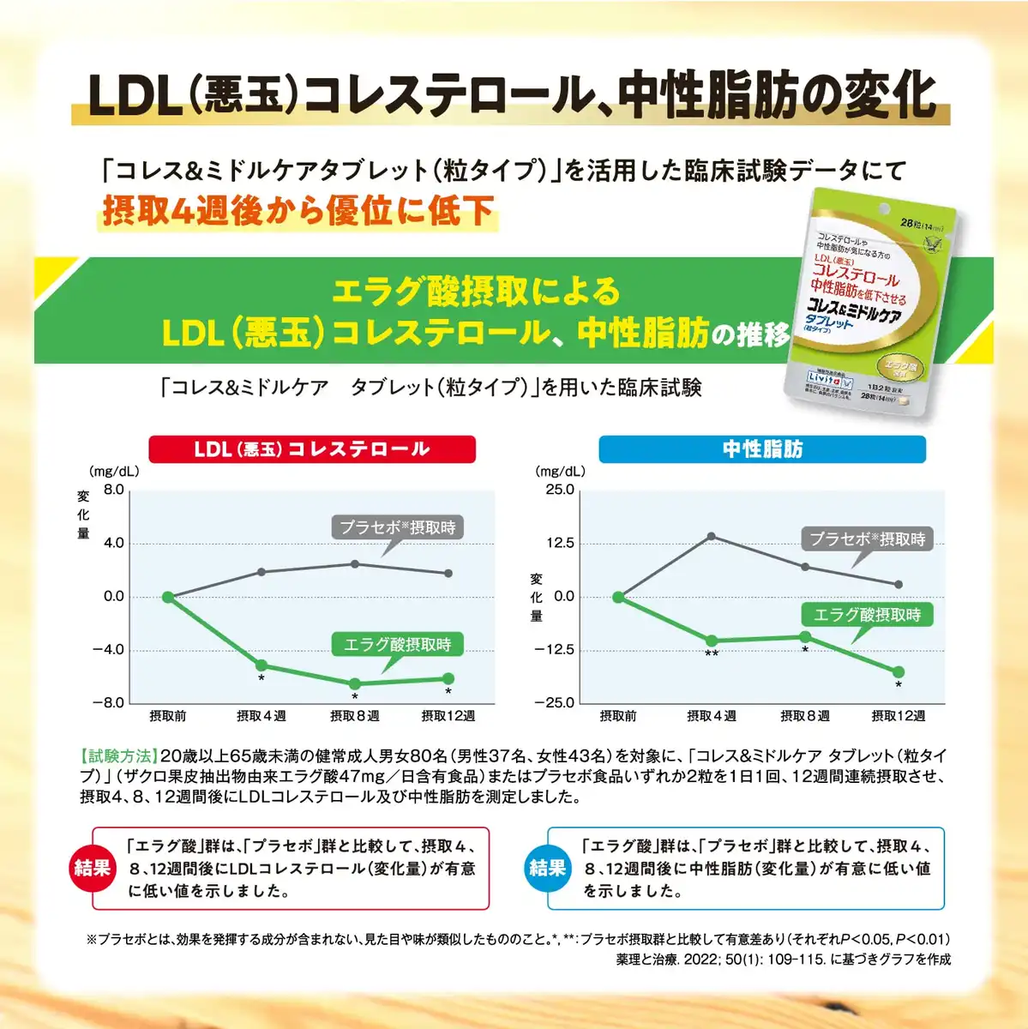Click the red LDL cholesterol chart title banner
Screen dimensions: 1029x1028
[x=312, y=449]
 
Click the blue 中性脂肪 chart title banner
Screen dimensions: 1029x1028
[x=761, y=449]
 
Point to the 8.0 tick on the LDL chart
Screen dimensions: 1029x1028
[x=114, y=490]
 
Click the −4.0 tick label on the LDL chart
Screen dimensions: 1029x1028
[x=109, y=649]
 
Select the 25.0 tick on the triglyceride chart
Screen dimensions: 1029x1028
[x=560, y=490]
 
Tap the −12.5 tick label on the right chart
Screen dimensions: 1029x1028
[x=554, y=649]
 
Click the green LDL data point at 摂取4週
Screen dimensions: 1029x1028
[x=262, y=665]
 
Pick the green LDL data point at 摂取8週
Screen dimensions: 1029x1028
[x=355, y=683]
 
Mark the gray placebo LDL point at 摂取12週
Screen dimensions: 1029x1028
[x=448, y=573]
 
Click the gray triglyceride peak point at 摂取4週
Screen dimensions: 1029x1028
[x=712, y=537]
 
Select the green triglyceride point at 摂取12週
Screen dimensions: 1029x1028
[x=899, y=672]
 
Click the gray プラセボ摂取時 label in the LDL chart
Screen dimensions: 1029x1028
[x=397, y=527]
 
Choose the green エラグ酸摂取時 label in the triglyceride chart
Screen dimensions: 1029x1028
[x=867, y=615]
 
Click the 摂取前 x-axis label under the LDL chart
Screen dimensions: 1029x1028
[x=168, y=716]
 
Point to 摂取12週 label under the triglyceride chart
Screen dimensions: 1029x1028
[x=899, y=716]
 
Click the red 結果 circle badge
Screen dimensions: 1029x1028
[x=93, y=868]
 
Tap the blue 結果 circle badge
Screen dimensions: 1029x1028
[x=548, y=868]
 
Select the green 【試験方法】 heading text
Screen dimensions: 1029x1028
[x=119, y=756]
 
